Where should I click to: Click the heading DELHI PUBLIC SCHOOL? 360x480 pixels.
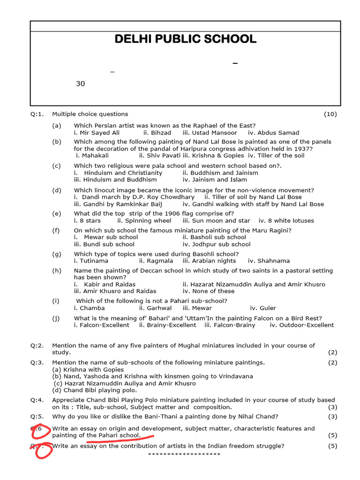tap(186, 39)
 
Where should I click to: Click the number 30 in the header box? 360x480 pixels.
tap(81, 84)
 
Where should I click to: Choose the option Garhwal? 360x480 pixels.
tap(155, 308)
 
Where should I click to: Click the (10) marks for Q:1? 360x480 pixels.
tap(330, 114)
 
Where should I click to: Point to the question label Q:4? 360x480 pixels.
tap(37, 400)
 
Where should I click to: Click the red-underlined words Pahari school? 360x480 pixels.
tap(119, 435)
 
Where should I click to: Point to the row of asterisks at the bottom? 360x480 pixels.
tap(184, 454)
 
